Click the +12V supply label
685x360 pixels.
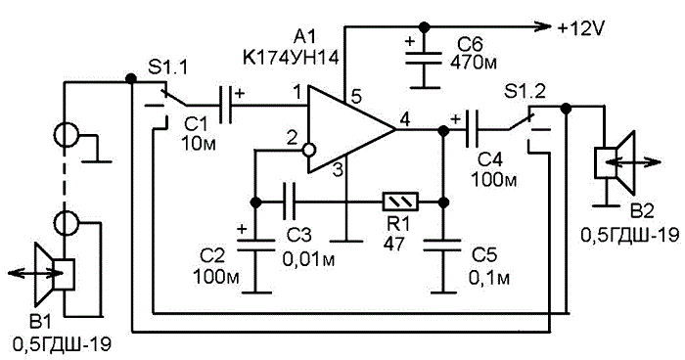(581, 28)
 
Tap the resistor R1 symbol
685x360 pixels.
(400, 202)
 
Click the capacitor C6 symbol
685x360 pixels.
(424, 59)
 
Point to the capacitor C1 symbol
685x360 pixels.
(225, 105)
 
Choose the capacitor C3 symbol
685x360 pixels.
(290, 202)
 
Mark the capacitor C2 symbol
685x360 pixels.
(256, 245)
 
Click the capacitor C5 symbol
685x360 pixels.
(443, 245)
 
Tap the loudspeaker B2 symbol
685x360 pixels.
(614, 162)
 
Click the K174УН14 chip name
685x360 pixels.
(291, 58)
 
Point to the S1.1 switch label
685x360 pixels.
(168, 67)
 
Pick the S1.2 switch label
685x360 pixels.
(525, 92)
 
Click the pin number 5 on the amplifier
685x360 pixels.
(356, 97)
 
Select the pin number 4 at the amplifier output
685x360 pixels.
(405, 118)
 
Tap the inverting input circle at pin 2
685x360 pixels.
(308, 151)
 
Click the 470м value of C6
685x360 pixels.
(473, 62)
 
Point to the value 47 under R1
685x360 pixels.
(393, 244)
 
